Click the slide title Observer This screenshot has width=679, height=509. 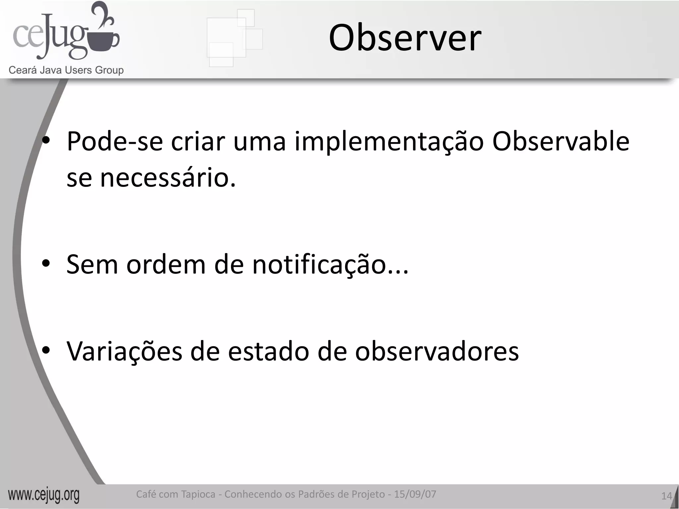click(x=405, y=38)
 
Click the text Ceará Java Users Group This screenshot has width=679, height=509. click(x=66, y=70)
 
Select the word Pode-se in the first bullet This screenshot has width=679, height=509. click(x=115, y=142)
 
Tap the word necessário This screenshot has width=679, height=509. click(x=168, y=178)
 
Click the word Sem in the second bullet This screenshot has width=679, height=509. click(x=92, y=264)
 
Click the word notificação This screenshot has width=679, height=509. click(x=330, y=264)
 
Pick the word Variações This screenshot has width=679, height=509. click(x=124, y=351)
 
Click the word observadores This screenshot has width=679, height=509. click(x=437, y=351)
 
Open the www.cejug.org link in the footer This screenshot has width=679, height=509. click(x=44, y=495)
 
